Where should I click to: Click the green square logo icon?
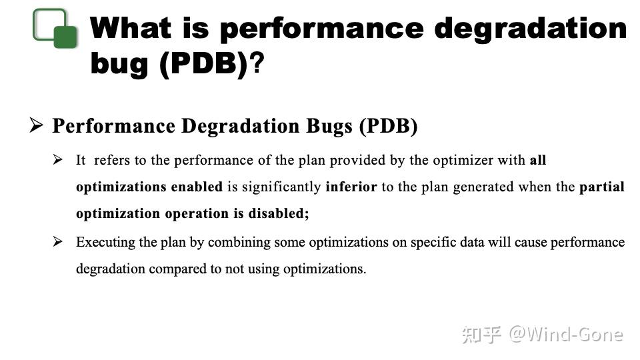(x=55, y=29)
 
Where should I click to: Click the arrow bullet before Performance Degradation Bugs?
(x=37, y=125)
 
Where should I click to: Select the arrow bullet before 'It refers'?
(x=59, y=160)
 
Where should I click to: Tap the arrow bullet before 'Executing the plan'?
(x=59, y=241)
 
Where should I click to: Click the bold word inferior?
(x=351, y=187)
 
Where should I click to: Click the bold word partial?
(x=602, y=187)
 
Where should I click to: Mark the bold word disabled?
(x=278, y=214)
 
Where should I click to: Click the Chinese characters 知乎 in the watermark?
(x=481, y=334)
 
